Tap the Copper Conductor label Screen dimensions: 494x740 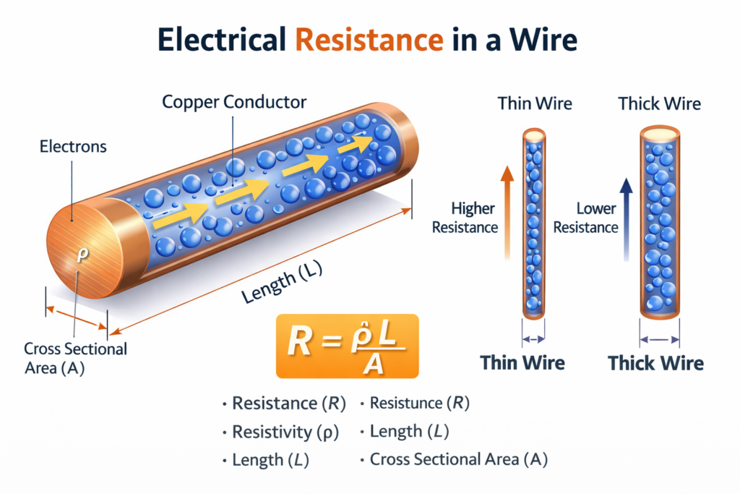click(234, 101)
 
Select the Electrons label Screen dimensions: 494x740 click(73, 147)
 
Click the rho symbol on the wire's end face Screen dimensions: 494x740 click(81, 255)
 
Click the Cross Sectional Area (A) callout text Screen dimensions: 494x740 click(75, 357)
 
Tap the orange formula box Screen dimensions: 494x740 click(347, 346)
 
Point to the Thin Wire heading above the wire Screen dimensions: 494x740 click(535, 103)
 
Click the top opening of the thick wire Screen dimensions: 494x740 click(659, 133)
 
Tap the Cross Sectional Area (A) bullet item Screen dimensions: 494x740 click(458, 459)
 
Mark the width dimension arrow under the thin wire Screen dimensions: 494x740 click(533, 338)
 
